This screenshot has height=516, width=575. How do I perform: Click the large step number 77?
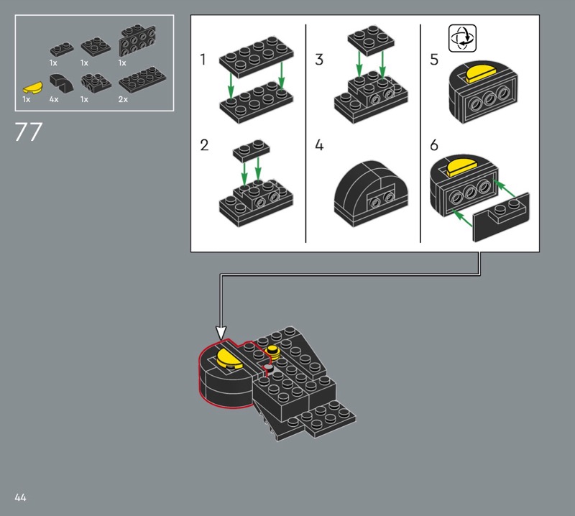click(x=28, y=132)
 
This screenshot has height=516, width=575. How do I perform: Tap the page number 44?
click(x=20, y=497)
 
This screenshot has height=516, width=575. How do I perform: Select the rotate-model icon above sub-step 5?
click(x=462, y=38)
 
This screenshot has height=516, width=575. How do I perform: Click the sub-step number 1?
click(x=203, y=60)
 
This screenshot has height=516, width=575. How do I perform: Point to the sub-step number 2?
click(x=204, y=145)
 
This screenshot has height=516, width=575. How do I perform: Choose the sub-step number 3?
click(x=319, y=60)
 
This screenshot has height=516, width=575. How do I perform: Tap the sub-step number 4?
click(x=319, y=145)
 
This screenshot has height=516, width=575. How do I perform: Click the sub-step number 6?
click(x=434, y=145)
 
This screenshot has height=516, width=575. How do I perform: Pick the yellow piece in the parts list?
click(x=33, y=88)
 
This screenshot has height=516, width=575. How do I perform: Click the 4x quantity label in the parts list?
click(x=54, y=99)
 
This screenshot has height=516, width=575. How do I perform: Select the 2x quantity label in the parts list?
click(x=123, y=99)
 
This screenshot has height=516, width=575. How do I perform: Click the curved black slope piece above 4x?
click(x=61, y=83)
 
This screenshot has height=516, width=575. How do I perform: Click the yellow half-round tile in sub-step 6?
click(x=462, y=166)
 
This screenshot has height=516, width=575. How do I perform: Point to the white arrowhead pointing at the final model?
click(x=221, y=333)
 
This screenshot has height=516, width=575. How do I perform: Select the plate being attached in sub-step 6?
click(x=501, y=218)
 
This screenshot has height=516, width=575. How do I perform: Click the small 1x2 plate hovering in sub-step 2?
click(x=251, y=149)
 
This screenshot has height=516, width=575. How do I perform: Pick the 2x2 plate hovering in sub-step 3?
click(x=371, y=40)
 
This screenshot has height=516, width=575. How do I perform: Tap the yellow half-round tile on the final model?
click(x=229, y=359)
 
